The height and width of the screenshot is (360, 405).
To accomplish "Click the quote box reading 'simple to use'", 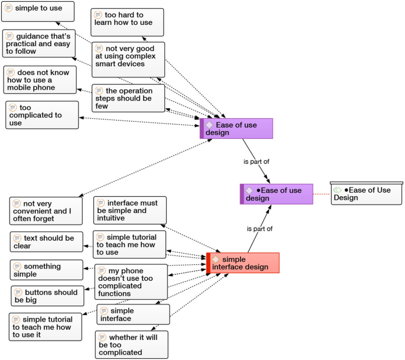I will pos(38,11).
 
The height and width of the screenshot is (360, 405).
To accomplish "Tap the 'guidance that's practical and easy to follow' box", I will pos(38,43).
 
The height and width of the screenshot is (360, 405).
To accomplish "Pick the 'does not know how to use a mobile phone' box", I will pos(40,80).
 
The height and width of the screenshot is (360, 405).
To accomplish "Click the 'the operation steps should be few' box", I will pos(128,98).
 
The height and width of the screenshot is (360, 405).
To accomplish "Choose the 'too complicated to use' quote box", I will pos(42,115).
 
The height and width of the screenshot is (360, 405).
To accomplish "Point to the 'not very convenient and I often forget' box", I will pos(46,210).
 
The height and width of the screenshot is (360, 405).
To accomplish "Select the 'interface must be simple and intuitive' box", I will pos(129,210).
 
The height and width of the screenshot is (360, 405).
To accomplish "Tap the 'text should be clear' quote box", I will pos(46,242).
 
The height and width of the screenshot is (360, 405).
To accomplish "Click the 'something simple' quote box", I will pos(46,270).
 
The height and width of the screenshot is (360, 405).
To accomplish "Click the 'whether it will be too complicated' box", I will pos(131,345).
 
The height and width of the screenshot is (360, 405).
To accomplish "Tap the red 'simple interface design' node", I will pos(243,263).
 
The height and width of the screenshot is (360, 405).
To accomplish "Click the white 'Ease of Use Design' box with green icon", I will pos(366,193).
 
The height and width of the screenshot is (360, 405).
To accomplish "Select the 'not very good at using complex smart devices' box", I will pos(128,60).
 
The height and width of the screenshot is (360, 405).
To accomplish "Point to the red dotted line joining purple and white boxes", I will pos(321,194).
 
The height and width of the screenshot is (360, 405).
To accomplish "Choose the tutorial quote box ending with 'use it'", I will pos(45,327).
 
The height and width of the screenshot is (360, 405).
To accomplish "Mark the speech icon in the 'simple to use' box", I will pos(8,8).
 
